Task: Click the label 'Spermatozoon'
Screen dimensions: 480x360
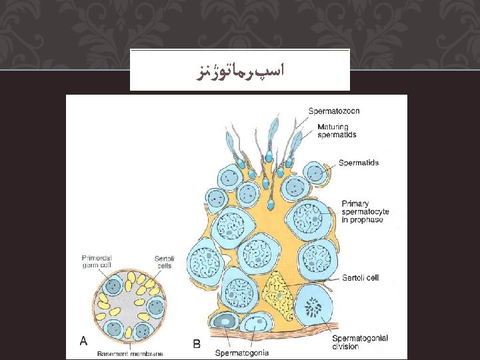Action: (x=333, y=111)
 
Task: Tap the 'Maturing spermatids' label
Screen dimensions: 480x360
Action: (x=337, y=131)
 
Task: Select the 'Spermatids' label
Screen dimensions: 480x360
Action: (x=358, y=163)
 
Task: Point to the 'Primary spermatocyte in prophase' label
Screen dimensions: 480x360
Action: (x=365, y=211)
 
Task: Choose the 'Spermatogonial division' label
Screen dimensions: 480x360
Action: (x=359, y=342)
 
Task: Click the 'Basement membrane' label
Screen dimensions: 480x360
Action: (x=129, y=353)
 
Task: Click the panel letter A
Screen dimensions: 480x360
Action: (x=83, y=341)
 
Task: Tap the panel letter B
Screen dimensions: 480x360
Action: (x=197, y=344)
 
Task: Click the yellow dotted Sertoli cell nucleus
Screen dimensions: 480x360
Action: (x=279, y=293)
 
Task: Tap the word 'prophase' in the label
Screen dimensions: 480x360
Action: (x=369, y=220)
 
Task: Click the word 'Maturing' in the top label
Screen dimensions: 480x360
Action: (x=332, y=127)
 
